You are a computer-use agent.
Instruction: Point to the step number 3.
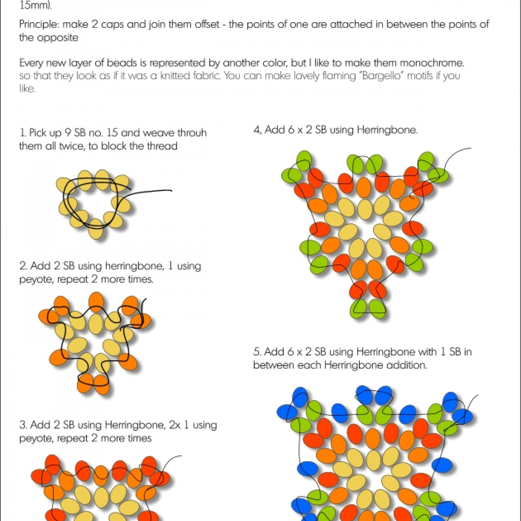(x=22, y=425)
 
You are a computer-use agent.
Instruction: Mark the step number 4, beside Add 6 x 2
(x=257, y=130)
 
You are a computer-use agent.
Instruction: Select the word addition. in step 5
(x=406, y=365)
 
